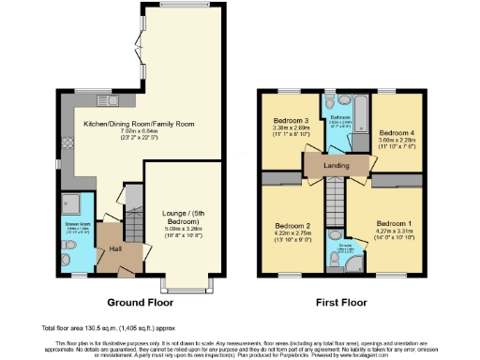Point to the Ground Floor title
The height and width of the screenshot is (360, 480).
pos(137,301)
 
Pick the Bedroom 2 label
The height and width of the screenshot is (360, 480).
pos(293,225)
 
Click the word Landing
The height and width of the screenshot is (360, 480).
pos(335,166)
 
